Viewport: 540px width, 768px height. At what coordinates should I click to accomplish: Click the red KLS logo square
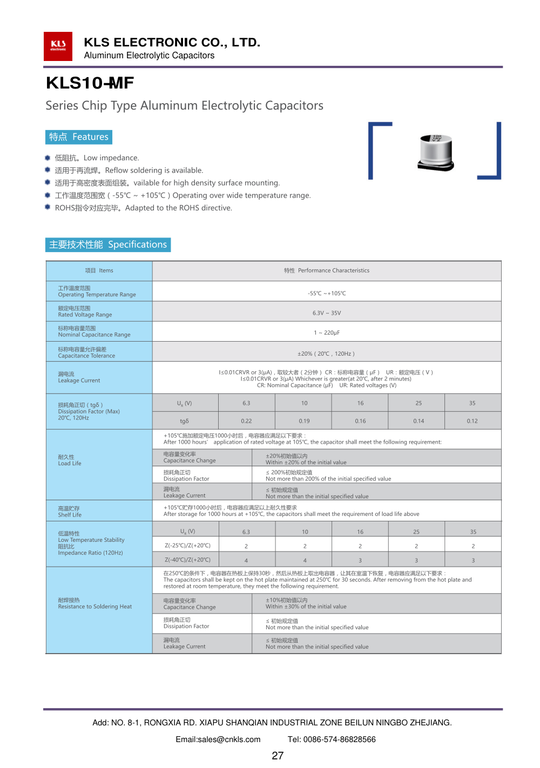(58, 46)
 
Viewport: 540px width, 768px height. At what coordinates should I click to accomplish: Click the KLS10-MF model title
(90, 83)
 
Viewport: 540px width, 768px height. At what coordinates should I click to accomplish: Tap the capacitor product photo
(436, 153)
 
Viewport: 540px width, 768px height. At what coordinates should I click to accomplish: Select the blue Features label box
(79, 137)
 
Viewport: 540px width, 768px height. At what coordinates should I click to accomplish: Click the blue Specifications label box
(108, 244)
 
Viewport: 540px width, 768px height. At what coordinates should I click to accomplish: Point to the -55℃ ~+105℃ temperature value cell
(327, 293)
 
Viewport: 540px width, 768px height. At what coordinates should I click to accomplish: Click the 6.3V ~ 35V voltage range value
(327, 313)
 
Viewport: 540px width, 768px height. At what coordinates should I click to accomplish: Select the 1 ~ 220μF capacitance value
(327, 333)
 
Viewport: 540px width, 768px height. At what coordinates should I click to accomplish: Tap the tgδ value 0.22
(246, 421)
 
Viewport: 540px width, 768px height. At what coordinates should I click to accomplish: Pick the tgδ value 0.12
(472, 421)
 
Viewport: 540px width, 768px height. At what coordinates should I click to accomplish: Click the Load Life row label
(70, 460)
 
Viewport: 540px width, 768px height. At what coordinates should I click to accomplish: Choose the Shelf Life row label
(70, 512)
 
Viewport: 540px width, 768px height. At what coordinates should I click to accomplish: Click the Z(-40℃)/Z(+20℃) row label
(187, 560)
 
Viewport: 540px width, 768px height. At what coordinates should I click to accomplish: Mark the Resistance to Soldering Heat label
(94, 603)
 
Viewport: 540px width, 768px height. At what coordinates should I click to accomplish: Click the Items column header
(99, 270)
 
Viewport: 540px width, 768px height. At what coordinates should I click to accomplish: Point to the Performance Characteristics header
(327, 270)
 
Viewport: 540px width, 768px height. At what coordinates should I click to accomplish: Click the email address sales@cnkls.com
(218, 739)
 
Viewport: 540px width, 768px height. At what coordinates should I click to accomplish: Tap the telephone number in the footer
(332, 739)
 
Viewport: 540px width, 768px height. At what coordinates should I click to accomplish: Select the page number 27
(278, 756)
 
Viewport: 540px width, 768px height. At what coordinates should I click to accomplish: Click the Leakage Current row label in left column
(79, 377)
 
